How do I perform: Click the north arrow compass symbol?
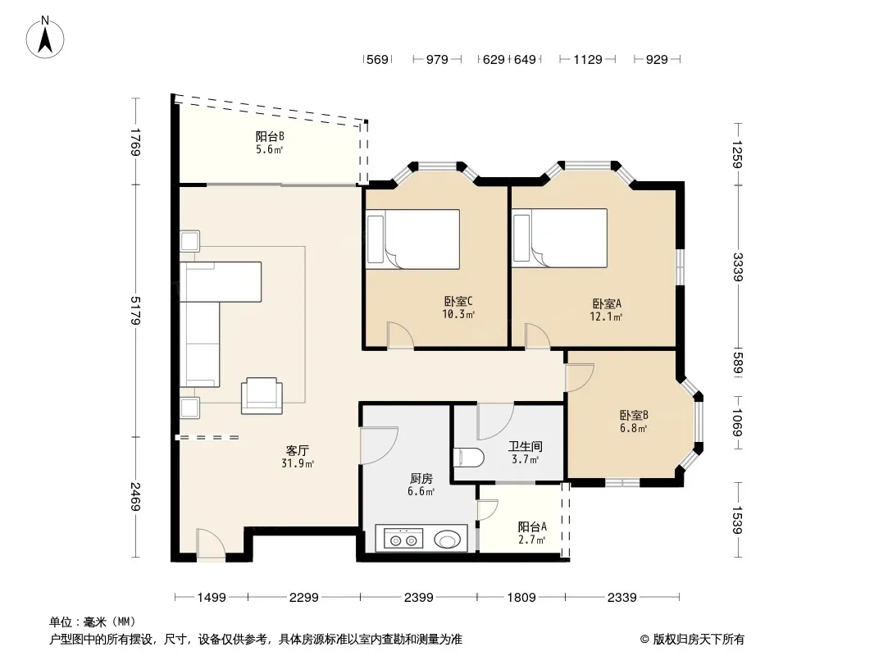coord(45,38)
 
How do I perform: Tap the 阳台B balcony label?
coord(271,137)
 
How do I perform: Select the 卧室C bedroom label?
coord(458,302)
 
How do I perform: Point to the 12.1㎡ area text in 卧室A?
coord(606,317)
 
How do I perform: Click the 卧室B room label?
coord(634,416)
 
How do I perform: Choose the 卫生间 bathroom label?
coord(525,446)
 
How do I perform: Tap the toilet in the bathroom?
coord(469,458)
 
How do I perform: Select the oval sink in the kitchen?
coord(447,540)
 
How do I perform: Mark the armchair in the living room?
coord(262,396)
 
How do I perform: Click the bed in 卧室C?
coord(413,239)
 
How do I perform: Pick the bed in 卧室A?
coord(560,238)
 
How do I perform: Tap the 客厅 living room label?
coord(297,450)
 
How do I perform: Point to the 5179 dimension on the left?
coord(135,311)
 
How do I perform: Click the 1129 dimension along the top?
coord(588,60)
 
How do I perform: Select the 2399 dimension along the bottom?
coord(419,598)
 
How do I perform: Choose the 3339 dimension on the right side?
coord(737,267)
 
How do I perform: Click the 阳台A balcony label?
coord(532,526)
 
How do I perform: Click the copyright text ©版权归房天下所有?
coord(692,640)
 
